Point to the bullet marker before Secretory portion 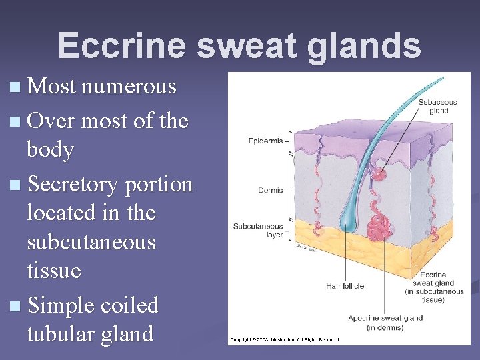coord(16,185)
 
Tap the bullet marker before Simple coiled coord(16,306)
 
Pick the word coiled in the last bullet coord(130,305)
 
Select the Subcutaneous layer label coord(257,230)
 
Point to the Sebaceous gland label coord(437,106)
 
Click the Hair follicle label coord(345,286)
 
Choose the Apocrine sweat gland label coord(385,322)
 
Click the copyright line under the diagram coord(285,339)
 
